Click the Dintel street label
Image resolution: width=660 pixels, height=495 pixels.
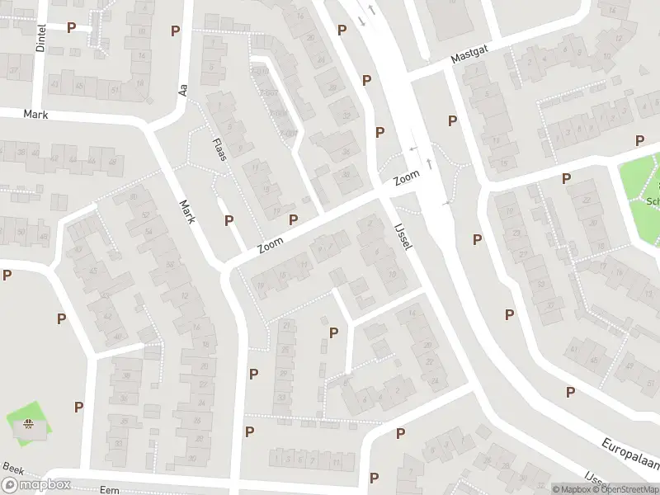(x=41, y=39)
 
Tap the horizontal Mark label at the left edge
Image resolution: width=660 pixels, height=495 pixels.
(x=35, y=115)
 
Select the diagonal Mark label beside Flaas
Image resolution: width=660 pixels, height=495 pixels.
(x=189, y=212)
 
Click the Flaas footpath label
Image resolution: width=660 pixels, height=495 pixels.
(x=219, y=150)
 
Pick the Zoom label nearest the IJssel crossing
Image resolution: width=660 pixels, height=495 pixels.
(x=407, y=177)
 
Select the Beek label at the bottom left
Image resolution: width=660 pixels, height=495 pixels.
(x=12, y=468)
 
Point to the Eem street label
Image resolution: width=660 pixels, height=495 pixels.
(x=109, y=490)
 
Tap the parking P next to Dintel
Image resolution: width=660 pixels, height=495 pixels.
(x=72, y=27)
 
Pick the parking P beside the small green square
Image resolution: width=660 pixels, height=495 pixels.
(x=78, y=407)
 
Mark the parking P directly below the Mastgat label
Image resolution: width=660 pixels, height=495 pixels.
(x=452, y=121)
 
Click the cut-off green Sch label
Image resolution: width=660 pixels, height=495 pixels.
(x=653, y=200)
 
